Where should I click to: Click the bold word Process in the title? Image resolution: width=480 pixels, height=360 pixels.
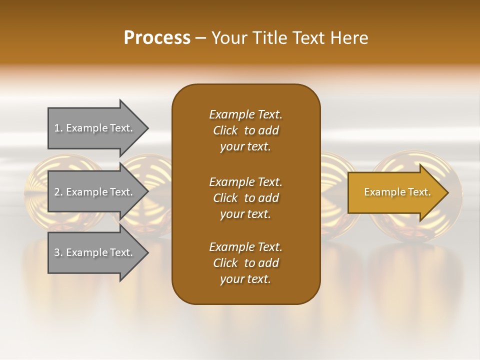(157, 38)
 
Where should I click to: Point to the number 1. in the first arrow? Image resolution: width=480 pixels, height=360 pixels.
(58, 128)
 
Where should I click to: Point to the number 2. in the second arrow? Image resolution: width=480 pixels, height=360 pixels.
(58, 192)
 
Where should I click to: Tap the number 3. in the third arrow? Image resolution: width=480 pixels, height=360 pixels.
(58, 252)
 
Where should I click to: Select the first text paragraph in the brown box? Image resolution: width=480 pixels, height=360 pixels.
(245, 130)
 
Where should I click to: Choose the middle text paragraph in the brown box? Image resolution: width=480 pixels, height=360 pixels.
(245, 198)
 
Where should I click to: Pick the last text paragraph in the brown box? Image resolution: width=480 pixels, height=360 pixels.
(245, 263)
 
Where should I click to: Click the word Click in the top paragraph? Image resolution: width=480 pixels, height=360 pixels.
(225, 130)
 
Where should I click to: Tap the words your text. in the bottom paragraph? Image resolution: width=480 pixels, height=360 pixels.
(245, 279)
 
